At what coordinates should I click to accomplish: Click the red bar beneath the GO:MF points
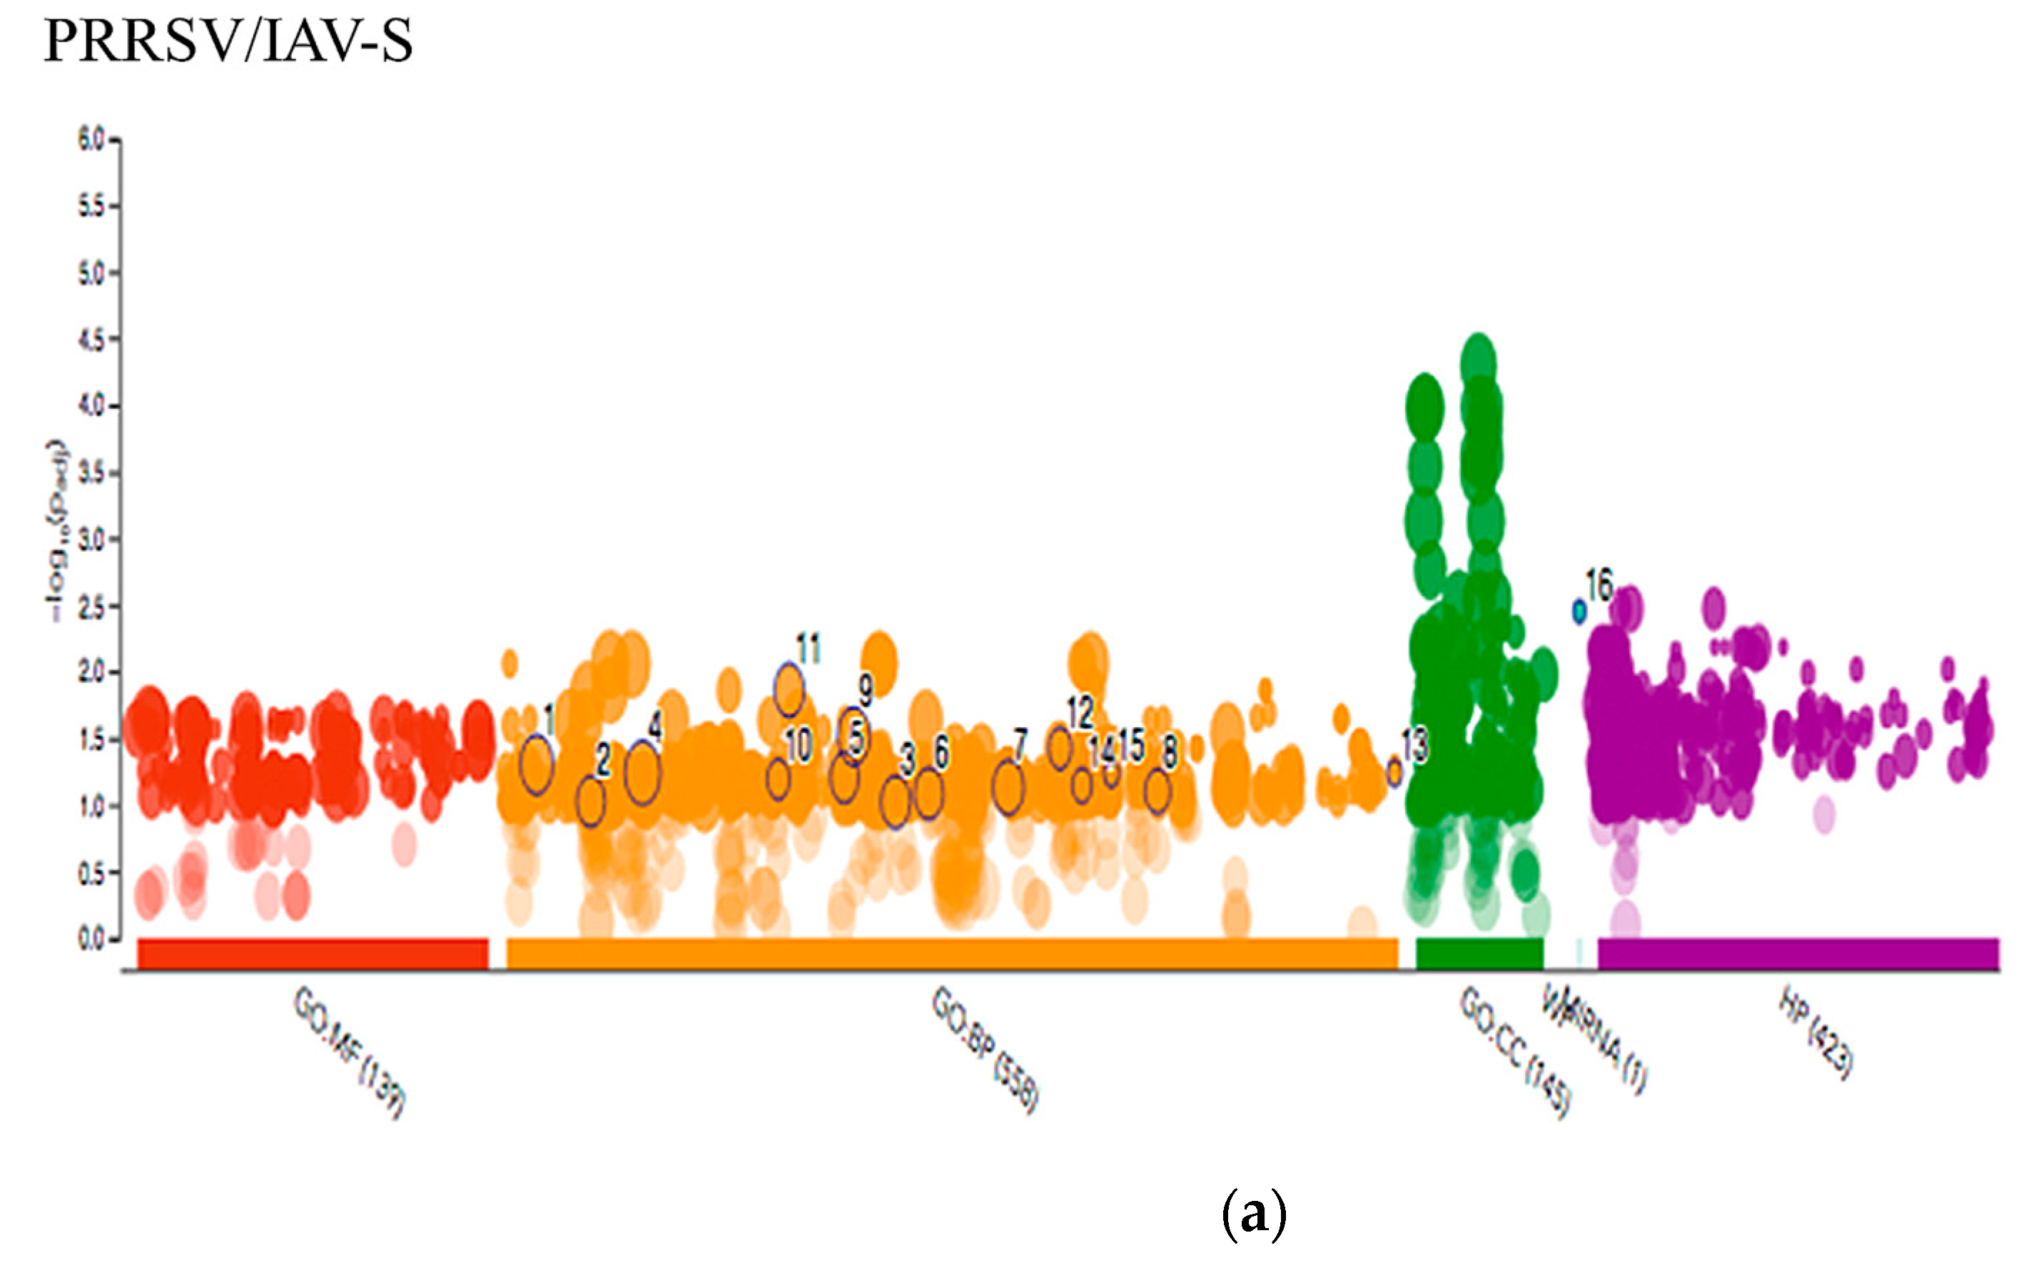[x=313, y=953]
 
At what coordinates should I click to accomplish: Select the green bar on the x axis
[x=1479, y=953]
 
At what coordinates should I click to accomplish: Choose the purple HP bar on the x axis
[x=1798, y=953]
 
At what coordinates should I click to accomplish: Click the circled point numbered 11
[x=789, y=689]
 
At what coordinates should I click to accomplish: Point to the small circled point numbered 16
[x=1579, y=612]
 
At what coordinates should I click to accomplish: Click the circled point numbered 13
[x=1394, y=772]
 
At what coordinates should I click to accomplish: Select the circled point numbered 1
[x=537, y=764]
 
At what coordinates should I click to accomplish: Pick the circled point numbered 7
[x=1008, y=786]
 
